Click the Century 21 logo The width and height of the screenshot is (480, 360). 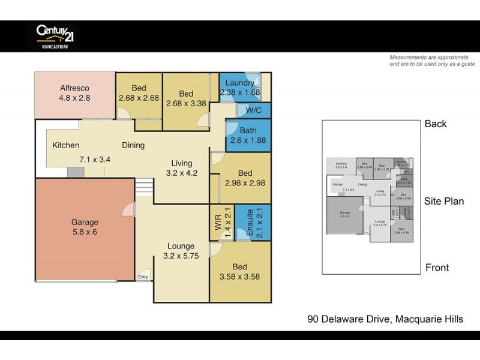[54, 35]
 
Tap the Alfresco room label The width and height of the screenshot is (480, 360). [74, 88]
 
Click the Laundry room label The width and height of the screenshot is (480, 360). [240, 83]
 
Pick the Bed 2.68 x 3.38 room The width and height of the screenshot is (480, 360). [185, 98]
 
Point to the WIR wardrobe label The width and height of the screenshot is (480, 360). [218, 224]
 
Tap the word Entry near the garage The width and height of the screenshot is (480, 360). [143, 277]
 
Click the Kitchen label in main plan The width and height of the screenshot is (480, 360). [65, 145]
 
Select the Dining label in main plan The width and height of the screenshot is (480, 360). [133, 145]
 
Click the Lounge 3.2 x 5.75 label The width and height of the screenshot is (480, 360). [181, 251]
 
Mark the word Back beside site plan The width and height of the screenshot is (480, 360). [436, 124]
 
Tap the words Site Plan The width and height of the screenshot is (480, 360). [443, 202]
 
